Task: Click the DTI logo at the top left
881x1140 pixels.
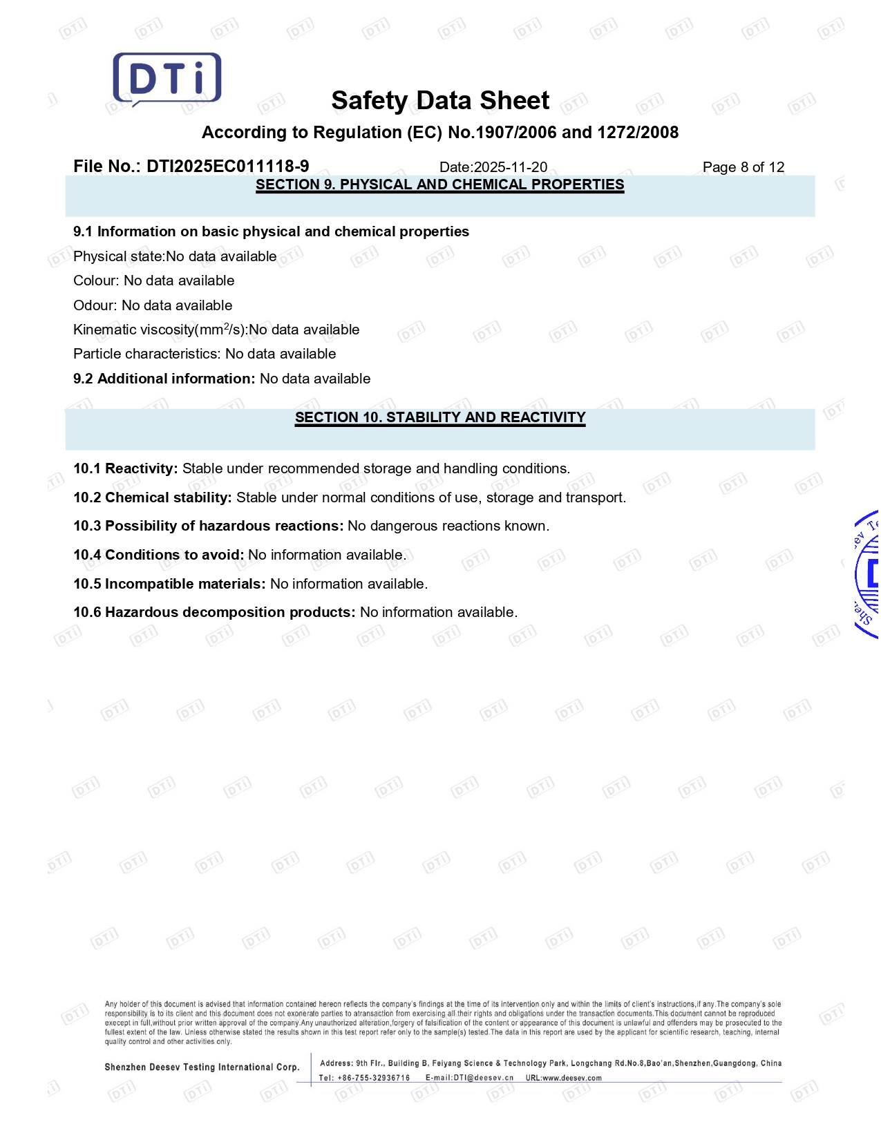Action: point(167,79)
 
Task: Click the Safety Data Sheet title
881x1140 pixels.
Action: point(440,101)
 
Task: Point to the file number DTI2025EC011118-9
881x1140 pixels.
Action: point(227,167)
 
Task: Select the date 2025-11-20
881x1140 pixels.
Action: point(510,167)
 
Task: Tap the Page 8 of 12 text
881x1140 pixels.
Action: point(743,167)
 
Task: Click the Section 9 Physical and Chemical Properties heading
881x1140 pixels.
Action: point(439,184)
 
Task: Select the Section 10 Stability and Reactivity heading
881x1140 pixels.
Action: point(439,417)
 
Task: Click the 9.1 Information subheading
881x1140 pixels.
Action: point(271,231)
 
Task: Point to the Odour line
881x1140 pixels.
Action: point(153,305)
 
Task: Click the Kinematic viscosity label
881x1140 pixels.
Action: point(160,330)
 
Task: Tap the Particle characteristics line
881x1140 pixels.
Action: point(205,354)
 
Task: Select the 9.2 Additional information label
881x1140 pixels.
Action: point(164,379)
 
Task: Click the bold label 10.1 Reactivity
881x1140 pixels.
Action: point(126,468)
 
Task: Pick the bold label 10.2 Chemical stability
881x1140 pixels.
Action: point(153,497)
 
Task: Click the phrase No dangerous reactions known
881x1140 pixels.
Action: point(448,526)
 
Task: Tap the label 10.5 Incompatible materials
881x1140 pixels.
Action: point(169,584)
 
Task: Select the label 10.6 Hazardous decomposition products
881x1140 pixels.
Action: point(214,612)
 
